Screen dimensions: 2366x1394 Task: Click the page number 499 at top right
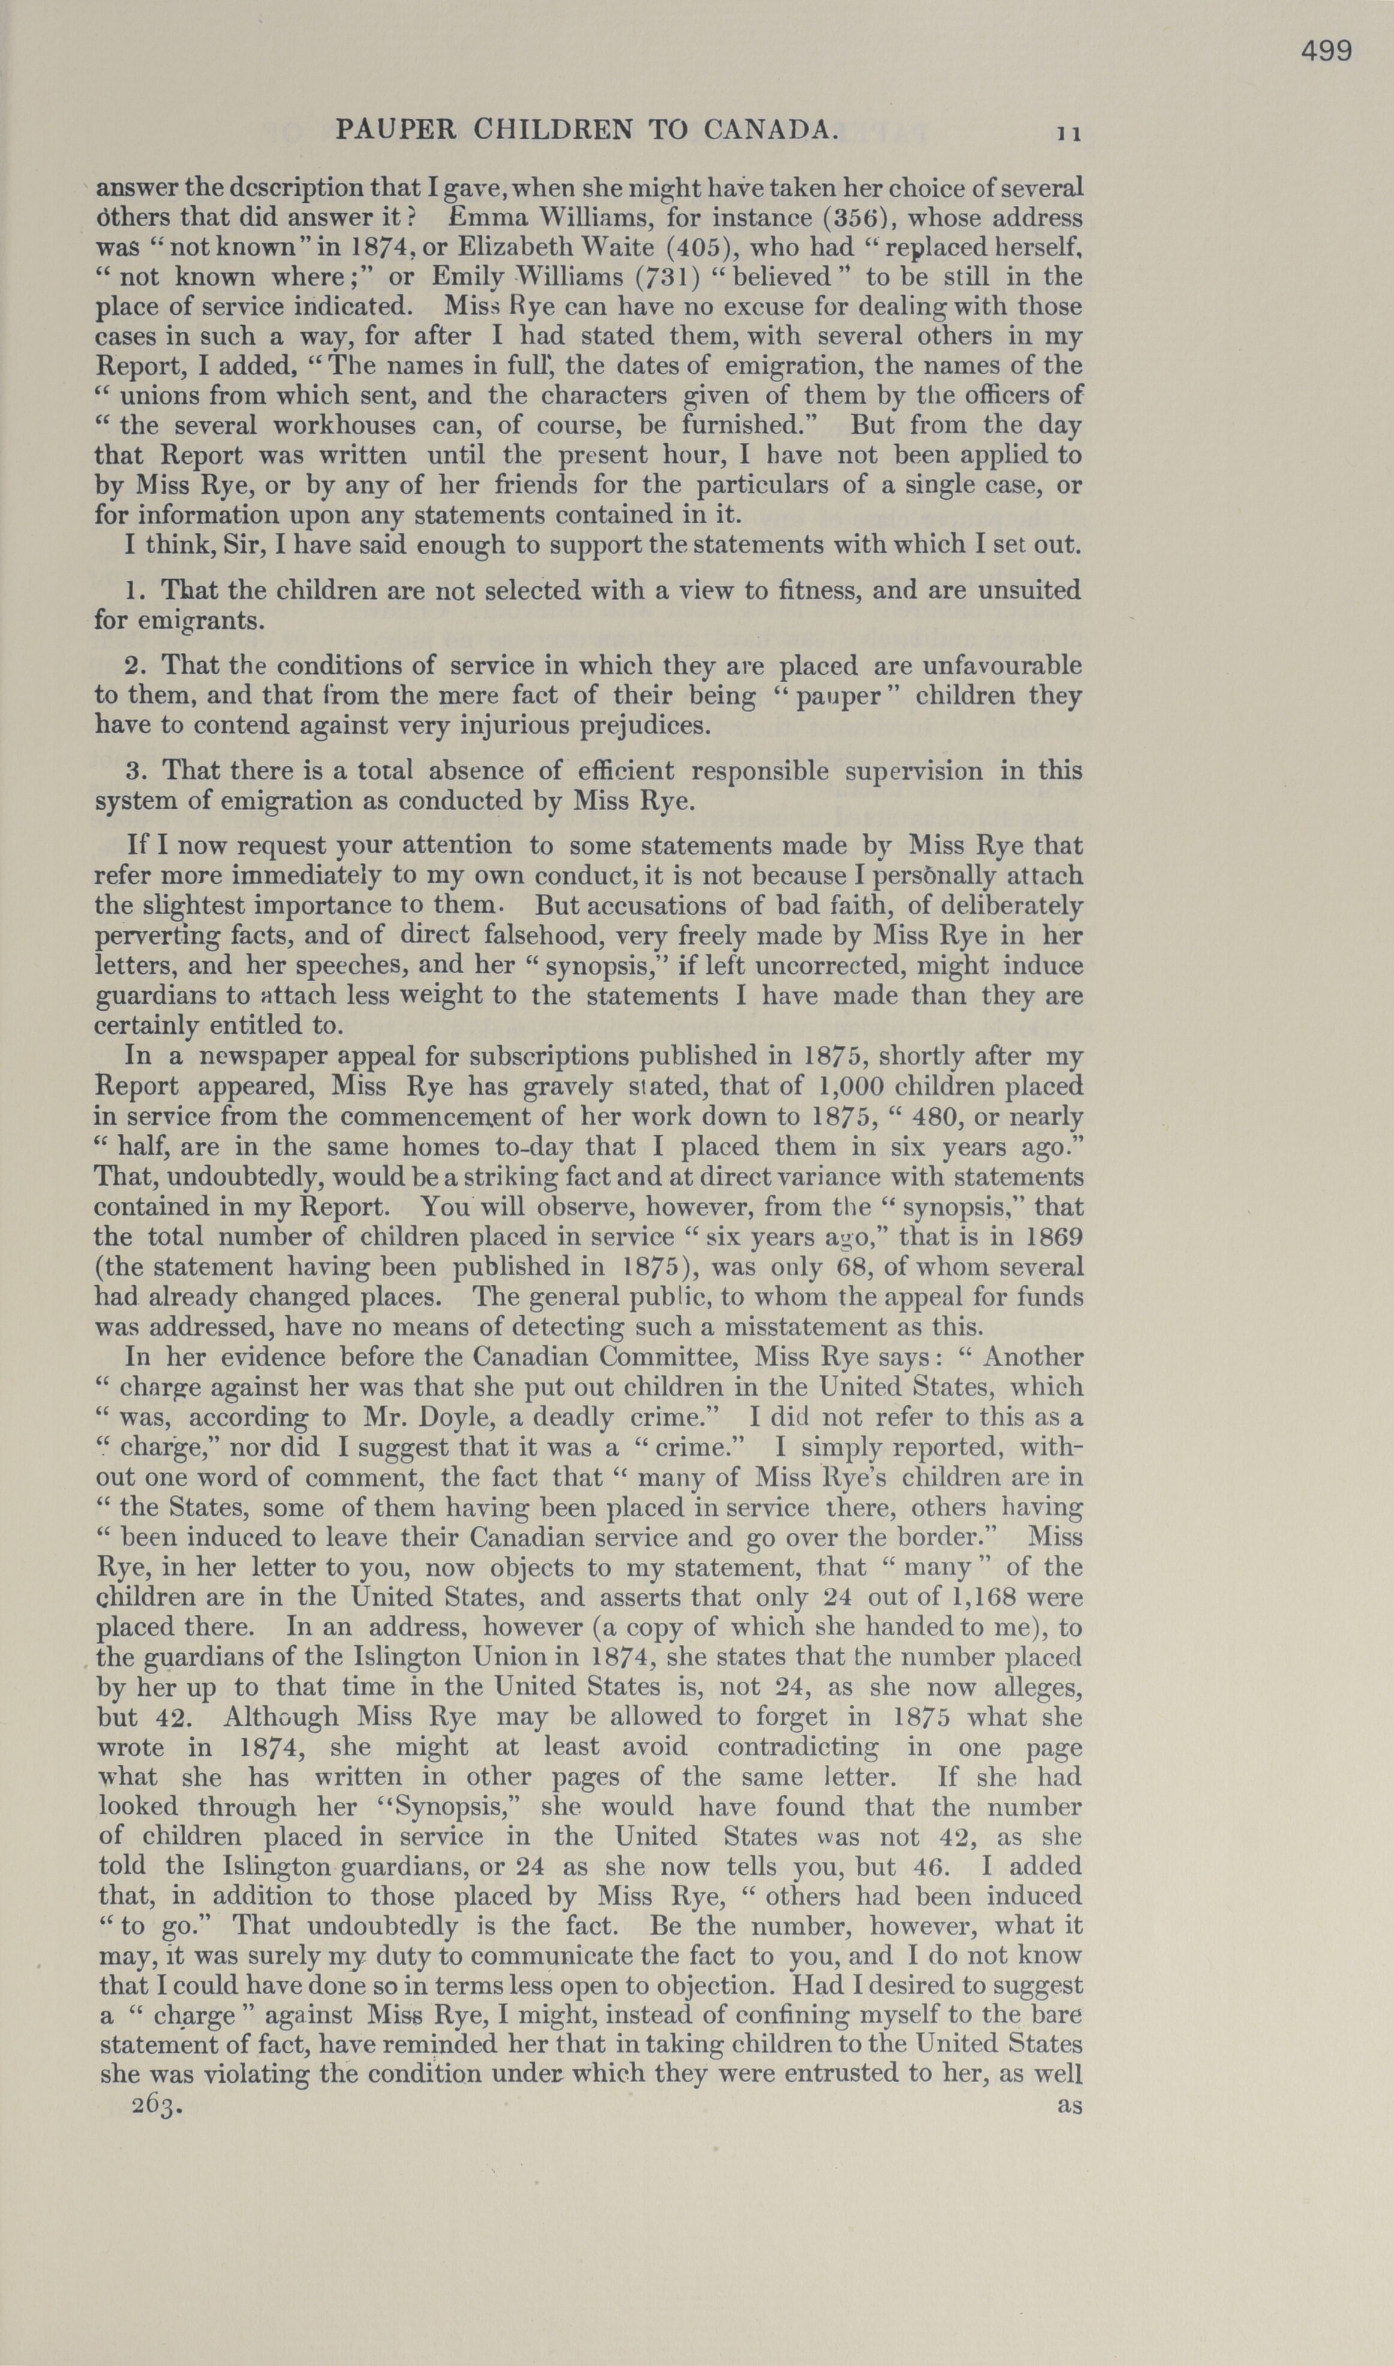[1326, 51]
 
